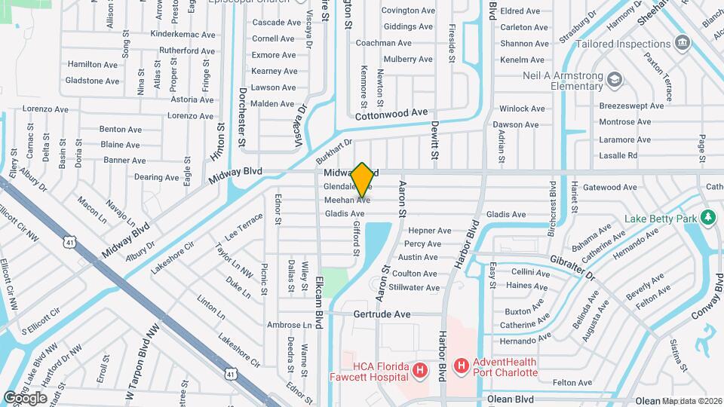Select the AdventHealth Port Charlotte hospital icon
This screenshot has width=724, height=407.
461,366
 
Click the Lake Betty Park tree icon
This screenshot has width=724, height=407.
707,219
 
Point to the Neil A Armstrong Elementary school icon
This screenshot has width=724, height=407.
615,79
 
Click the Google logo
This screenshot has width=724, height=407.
25,397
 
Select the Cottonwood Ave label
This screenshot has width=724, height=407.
391,112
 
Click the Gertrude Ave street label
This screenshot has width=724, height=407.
382,314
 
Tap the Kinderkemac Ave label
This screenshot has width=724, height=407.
183,35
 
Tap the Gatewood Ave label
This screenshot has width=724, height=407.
610,187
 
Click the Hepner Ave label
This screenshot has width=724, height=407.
429,231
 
